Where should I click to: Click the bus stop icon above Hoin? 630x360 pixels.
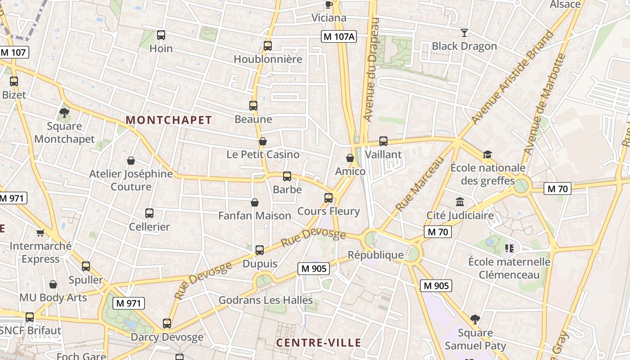(161, 35)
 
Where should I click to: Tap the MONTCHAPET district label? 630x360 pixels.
(169, 120)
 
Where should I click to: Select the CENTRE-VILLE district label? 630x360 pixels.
(319, 343)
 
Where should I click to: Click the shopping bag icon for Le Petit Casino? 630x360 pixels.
(263, 141)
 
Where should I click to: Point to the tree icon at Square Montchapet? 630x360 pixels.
(64, 112)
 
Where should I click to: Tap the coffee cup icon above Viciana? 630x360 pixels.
(329, 4)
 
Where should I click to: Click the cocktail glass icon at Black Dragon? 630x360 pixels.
(464, 32)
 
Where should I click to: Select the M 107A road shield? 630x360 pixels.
(339, 37)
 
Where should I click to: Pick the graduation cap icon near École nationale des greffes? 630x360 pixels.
(487, 154)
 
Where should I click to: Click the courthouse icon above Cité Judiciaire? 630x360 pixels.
(460, 202)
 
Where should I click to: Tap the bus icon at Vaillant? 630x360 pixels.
(383, 141)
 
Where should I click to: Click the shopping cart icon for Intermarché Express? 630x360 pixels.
(40, 233)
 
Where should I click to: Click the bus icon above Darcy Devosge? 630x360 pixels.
(167, 323)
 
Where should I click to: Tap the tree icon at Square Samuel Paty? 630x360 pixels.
(475, 319)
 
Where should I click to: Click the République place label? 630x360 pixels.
(376, 255)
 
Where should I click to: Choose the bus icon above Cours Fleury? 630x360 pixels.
(328, 198)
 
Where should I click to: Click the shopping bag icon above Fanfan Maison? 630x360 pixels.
(255, 202)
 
